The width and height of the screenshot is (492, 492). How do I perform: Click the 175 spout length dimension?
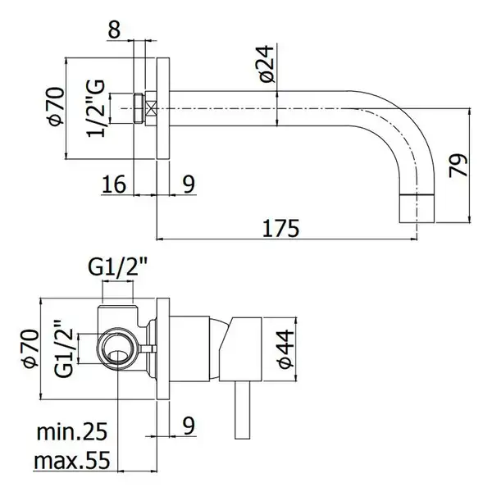coord(280,228)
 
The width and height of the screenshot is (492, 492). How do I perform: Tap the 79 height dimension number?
coord(458,166)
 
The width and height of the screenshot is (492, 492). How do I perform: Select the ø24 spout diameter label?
coord(266,64)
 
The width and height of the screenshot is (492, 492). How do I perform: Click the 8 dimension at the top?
coord(114,30)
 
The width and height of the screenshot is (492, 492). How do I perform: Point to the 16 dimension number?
coord(114,184)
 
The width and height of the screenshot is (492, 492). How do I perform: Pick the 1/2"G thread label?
coord(96,108)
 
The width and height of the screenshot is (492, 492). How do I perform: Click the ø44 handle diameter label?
coord(285,348)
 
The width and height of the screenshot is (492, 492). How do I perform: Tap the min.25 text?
coord(72,432)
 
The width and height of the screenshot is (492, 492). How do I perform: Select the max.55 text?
coord(72,460)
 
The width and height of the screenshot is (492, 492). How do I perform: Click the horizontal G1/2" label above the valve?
coord(117,267)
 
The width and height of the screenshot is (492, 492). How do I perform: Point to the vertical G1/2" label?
coord(63,348)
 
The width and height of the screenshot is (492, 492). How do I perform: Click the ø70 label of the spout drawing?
coord(56,107)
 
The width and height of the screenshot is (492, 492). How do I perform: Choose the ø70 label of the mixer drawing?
coord(31,348)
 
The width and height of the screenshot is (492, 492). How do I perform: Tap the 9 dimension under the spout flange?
coord(189,184)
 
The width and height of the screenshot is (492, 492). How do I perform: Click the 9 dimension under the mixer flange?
coord(189,426)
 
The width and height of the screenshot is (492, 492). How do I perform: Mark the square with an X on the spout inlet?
coord(151,108)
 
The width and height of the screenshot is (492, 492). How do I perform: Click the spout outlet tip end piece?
coord(417,208)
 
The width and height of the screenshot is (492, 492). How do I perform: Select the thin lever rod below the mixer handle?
coord(242,410)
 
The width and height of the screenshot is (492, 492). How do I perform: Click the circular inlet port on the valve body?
coord(118,348)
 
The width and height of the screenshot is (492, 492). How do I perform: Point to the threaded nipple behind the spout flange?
coord(139,108)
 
